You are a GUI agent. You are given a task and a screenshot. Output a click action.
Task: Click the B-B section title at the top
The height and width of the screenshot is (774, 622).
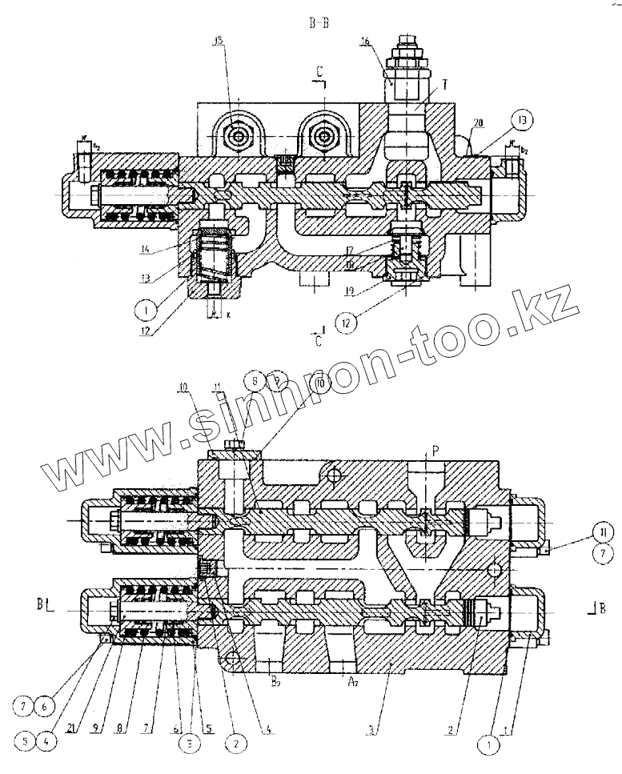(319, 23)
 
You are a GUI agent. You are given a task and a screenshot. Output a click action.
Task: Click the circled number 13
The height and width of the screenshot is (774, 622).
(521, 122)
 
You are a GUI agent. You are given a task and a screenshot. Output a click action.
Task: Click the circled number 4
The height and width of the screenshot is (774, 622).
(50, 740)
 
